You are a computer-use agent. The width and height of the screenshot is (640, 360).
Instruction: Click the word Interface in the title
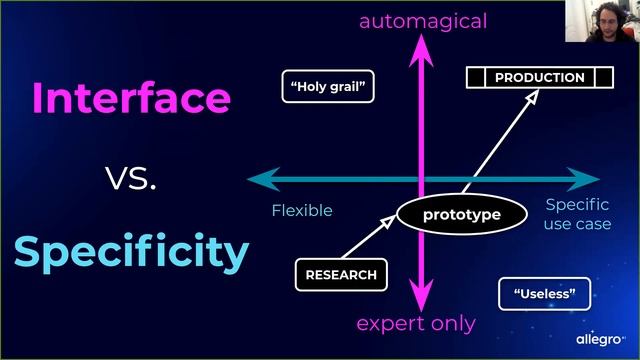tap(131, 97)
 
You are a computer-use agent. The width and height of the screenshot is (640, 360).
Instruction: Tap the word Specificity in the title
tap(131, 251)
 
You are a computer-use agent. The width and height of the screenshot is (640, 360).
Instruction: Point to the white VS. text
tap(131, 178)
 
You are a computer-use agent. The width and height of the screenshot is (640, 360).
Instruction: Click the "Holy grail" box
tap(328, 86)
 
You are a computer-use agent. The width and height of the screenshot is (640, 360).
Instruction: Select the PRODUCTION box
tap(540, 77)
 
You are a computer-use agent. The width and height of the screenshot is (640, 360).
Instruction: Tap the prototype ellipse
tap(462, 214)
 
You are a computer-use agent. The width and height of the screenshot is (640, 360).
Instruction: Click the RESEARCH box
tap(341, 275)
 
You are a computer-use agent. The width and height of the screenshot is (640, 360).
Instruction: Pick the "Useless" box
tap(544, 294)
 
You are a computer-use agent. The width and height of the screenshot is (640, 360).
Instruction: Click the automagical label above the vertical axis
tap(423, 21)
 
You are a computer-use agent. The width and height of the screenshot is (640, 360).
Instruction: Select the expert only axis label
tap(416, 324)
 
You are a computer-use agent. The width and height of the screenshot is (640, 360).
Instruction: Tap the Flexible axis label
tap(302, 211)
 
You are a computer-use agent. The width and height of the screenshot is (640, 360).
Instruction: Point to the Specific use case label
tap(578, 214)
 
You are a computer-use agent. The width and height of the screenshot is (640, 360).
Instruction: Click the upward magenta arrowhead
tap(421, 51)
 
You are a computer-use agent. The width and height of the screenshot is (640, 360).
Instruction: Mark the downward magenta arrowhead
tap(421, 295)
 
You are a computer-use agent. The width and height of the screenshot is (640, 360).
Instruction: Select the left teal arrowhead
tap(264, 179)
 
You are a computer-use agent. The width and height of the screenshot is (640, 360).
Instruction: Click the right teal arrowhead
tap(583, 179)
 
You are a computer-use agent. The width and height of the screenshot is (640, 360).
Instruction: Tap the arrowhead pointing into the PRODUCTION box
tap(532, 97)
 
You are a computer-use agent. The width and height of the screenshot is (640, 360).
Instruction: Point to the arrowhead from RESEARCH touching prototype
tap(388, 221)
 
